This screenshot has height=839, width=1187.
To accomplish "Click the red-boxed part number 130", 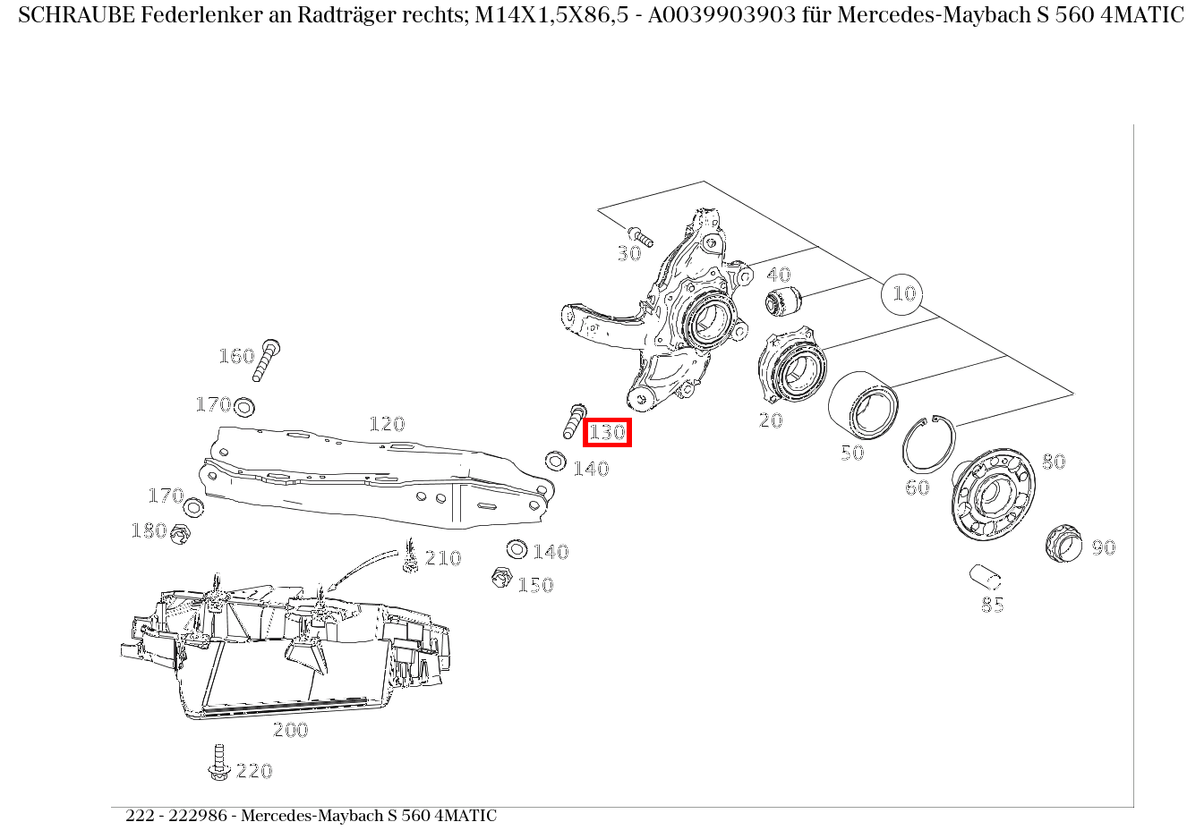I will pos(607,433).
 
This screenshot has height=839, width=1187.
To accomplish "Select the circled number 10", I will pos(903,293).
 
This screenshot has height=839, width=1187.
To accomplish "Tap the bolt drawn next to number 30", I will pos(640,236).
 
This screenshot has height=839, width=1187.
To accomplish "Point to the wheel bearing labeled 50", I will pos(862,406).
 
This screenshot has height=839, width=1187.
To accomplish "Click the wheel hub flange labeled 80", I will pos(991,495).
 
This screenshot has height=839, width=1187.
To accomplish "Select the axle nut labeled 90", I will pos(1063,543).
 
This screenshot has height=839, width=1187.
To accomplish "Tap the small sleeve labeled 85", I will pos(985,574).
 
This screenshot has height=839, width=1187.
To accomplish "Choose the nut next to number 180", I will pos(181,534).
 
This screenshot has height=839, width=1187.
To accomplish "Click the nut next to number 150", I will pos(502,578).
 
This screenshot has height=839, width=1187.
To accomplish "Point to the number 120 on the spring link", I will pos(387,424).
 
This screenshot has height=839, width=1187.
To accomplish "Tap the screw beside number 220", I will pos(218,761).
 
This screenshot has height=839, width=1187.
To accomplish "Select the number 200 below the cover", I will pos(290,730).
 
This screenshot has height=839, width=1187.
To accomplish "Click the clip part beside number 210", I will pos(411,557).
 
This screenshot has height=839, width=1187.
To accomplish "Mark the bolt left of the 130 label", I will pos(574,420).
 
